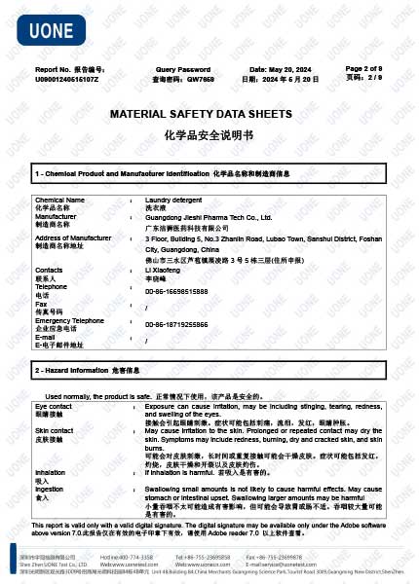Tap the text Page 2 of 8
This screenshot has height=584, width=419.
tap(363, 69)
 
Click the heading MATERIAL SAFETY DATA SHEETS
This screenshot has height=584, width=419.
tap(208, 114)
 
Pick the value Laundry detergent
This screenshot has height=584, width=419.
tap(173, 200)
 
